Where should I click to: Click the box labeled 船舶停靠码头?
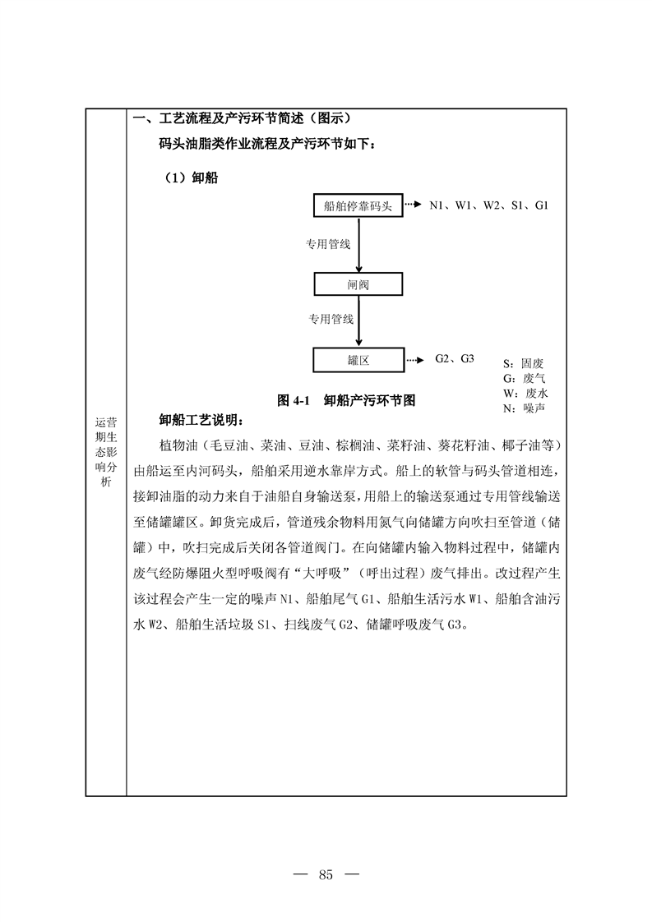point(358,205)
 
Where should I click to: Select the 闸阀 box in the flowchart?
point(358,284)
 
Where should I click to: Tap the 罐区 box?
point(358,359)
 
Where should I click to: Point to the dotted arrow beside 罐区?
point(416,359)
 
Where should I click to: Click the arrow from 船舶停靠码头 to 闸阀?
point(358,245)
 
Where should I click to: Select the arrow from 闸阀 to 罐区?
point(358,321)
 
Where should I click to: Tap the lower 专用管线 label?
point(331,319)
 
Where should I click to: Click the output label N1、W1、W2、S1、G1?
point(488,205)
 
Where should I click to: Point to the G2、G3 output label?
point(455,358)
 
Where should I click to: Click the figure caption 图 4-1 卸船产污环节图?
point(345,401)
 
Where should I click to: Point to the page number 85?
point(326,874)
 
